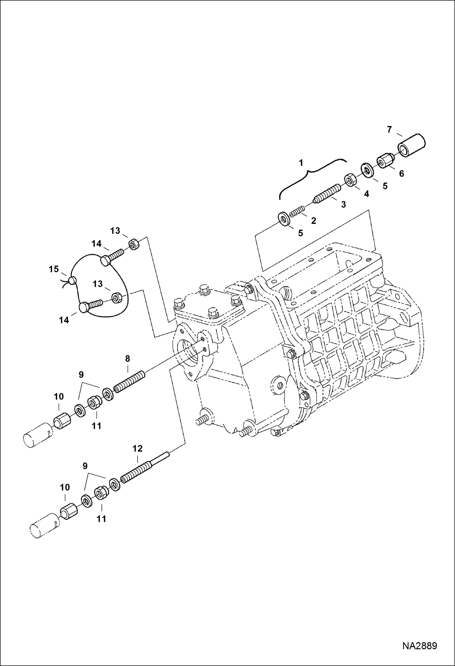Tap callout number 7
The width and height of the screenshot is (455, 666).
point(389,130)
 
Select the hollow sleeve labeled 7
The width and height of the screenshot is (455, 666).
point(412,145)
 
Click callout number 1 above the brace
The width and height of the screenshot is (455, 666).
point(301,163)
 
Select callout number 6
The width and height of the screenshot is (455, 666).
point(401,173)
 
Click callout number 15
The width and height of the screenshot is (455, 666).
point(53,269)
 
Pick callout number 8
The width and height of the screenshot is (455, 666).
point(127,359)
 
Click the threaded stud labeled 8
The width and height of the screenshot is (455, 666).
point(129,381)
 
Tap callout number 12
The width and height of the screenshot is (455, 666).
point(137,449)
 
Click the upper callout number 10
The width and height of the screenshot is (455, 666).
point(59,396)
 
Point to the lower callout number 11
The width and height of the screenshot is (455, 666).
point(101,519)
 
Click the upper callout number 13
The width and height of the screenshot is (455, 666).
point(115,231)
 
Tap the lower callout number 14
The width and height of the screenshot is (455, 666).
point(64,320)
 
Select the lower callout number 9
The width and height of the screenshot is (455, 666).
point(85,466)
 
